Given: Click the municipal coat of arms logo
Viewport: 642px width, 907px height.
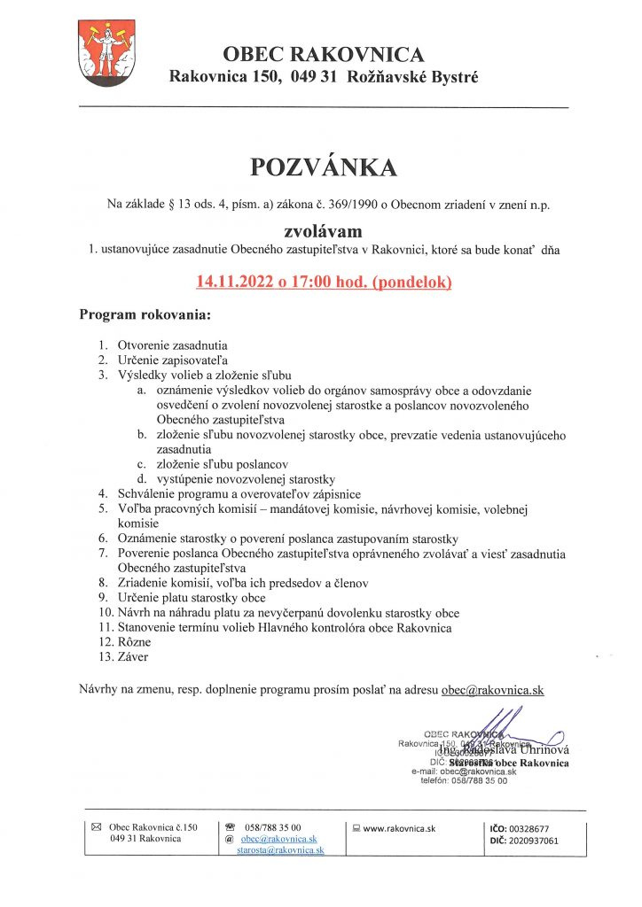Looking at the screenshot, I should tap(104, 54).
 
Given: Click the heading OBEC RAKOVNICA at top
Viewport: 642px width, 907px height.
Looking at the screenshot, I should tap(324, 55).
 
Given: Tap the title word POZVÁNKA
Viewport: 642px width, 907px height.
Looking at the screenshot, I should tap(324, 168).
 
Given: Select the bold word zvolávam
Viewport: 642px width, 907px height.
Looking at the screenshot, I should tap(324, 232).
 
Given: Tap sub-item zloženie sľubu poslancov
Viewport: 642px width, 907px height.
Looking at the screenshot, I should tap(222, 463).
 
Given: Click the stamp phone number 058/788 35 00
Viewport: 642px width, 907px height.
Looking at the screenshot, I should tap(476, 780).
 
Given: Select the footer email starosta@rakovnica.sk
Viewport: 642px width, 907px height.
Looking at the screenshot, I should tap(279, 849).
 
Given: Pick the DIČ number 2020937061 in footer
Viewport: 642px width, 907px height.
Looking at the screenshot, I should tap(533, 841).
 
